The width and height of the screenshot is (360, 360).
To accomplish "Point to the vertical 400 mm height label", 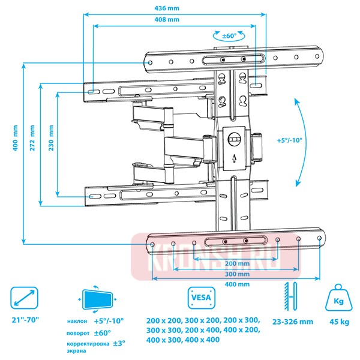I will point(14,137).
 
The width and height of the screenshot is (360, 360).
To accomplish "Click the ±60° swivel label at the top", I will point(230,36).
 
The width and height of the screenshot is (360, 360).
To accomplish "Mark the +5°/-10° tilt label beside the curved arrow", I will point(290,140).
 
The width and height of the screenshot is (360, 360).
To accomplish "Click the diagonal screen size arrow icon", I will point(25,298).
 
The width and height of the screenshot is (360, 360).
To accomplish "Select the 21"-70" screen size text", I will point(25,320).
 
